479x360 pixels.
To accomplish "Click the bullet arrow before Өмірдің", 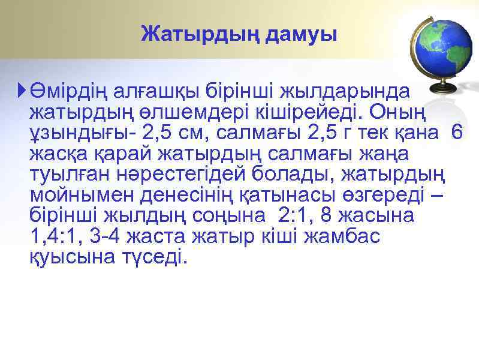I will pyautogui.click(x=22, y=91).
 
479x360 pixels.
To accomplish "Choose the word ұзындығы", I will pyautogui.click(x=82, y=133).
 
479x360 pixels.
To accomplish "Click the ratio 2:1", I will pyautogui.click(x=290, y=215).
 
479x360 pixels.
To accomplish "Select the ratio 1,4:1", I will pyautogui.click(x=54, y=236).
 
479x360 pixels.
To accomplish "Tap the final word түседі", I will pyautogui.click(x=154, y=257).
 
